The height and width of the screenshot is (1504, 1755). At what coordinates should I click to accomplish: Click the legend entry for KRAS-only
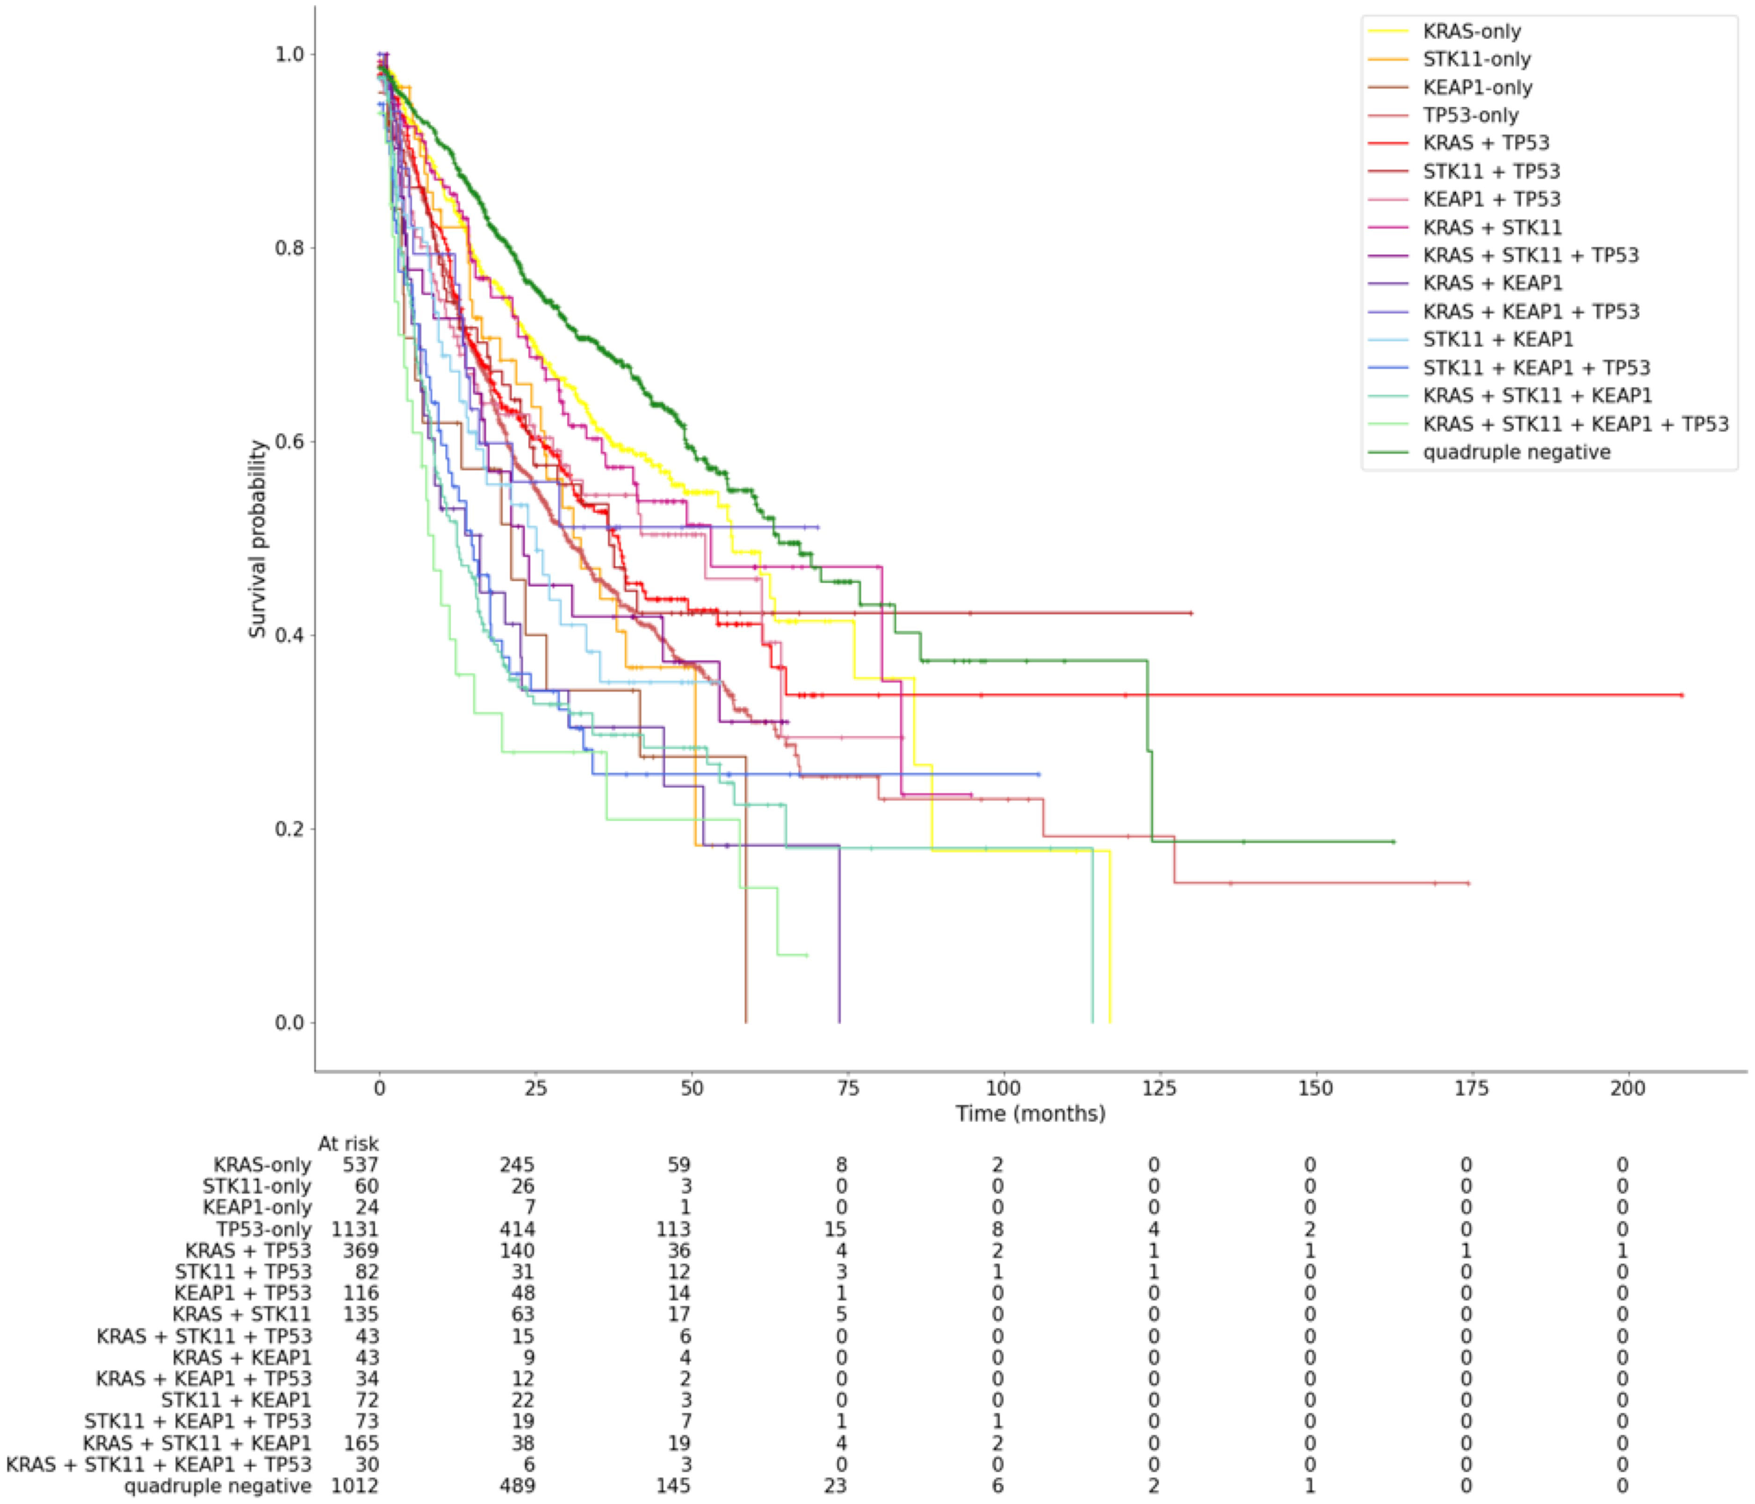coord(1471,31)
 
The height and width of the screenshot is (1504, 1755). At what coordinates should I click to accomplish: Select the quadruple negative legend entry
coord(1516,452)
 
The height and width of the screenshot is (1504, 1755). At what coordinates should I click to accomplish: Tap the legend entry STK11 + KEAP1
coord(1497,339)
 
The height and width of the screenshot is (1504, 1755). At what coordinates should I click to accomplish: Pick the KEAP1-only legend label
coord(1477,87)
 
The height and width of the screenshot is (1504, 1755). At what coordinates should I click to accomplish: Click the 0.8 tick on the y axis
coord(289,248)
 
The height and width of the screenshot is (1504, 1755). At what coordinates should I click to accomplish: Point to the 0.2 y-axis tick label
coord(289,829)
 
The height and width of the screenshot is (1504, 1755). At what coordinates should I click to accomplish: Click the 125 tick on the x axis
coord(1160,1088)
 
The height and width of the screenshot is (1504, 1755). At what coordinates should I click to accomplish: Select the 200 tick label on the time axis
coord(1627,1088)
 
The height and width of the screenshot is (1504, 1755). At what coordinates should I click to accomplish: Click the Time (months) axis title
coord(1030,1114)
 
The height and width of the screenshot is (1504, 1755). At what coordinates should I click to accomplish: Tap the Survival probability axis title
coord(258,539)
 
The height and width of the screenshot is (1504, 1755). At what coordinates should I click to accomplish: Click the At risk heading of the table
coord(348,1144)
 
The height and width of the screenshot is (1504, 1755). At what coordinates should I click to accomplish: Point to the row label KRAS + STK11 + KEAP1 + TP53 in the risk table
coord(159,1464)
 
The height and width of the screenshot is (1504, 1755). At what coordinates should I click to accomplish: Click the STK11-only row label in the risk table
coord(257,1187)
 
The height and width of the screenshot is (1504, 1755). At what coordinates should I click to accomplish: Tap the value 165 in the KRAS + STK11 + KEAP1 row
coord(360,1443)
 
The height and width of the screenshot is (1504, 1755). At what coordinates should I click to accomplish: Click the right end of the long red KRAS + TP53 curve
coord(1681,695)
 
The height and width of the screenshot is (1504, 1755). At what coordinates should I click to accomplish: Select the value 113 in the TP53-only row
coord(673,1229)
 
